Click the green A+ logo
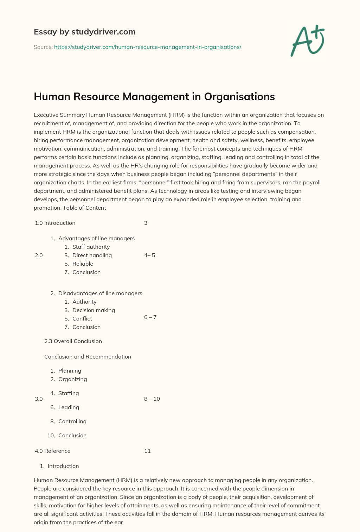pos(308,40)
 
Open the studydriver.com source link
pos(147,47)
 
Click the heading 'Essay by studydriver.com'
pos(84,32)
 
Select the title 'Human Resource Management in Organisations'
pos(154,97)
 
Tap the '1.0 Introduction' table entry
pos(55,223)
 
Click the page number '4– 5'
pos(149,255)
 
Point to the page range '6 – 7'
pos(150,317)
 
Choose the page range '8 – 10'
pos(152,399)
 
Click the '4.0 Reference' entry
pos(53,451)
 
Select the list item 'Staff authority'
pos(91,247)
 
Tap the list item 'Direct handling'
pos(92,255)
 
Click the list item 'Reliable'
pos(83,264)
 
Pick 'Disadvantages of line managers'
pos(100,293)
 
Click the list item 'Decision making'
pos(94,310)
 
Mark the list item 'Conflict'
pos(82,319)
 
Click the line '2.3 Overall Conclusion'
pos(73,341)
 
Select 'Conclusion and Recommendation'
pos(88,357)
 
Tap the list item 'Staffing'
pos(69,393)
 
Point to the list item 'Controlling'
pos(72,422)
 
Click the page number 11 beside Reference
pos(147,451)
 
